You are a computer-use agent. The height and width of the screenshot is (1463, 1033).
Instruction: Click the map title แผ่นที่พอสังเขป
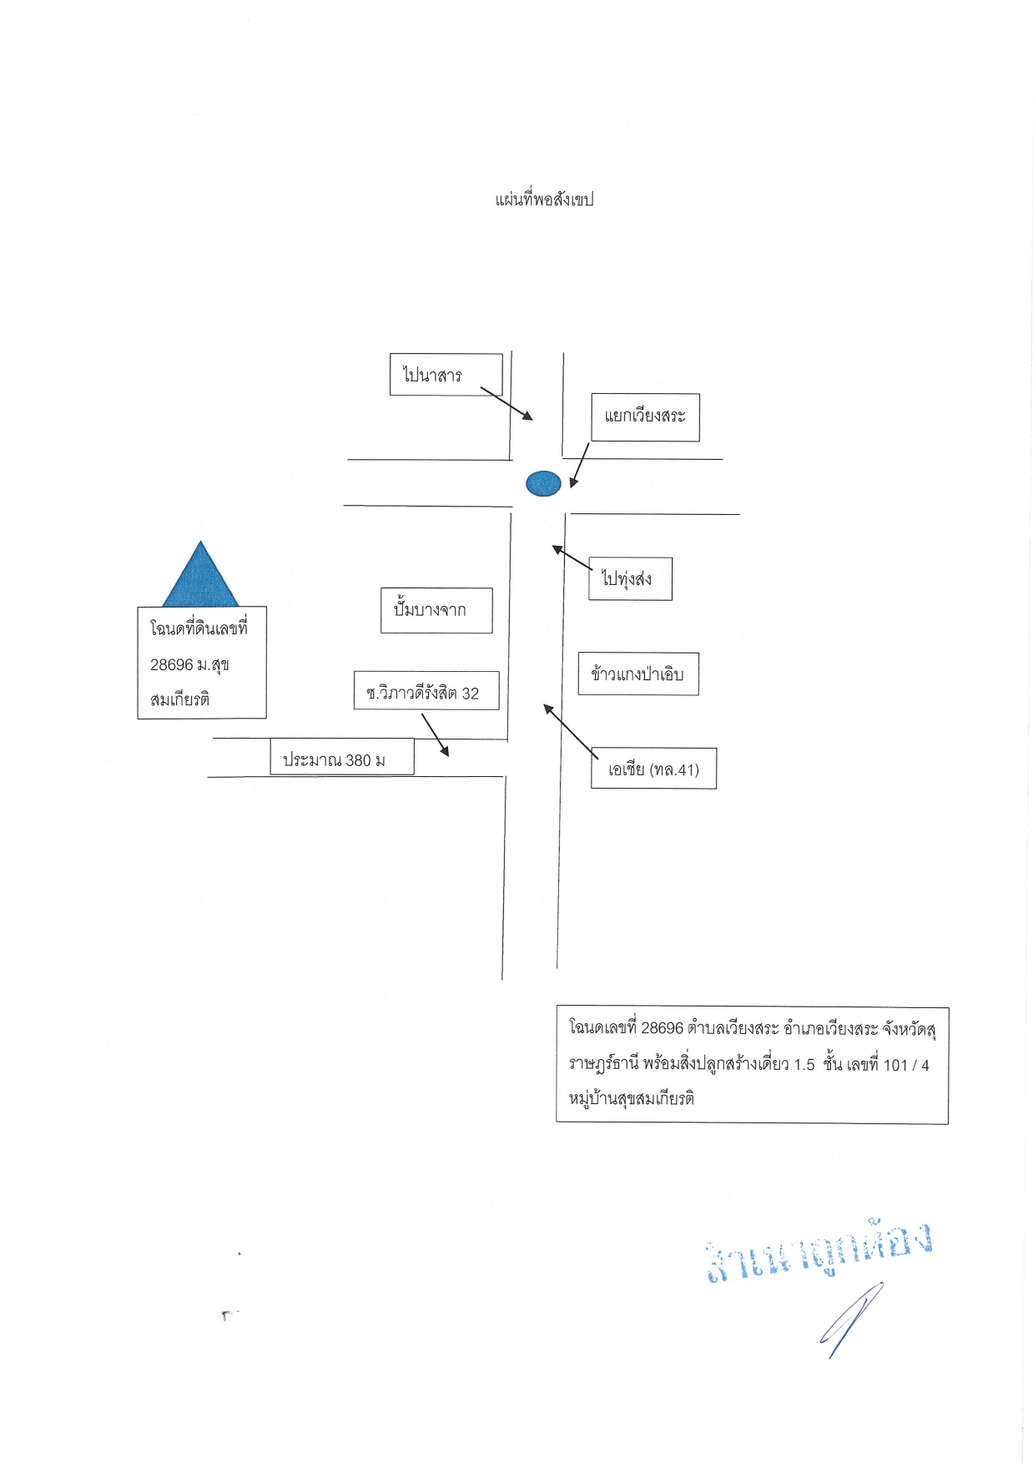544,199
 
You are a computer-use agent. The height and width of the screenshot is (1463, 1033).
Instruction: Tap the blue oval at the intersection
543,483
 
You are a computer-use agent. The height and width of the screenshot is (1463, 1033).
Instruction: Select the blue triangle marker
200,576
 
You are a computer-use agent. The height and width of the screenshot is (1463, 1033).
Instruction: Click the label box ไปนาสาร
446,375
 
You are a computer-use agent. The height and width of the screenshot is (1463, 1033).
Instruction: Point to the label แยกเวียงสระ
645,416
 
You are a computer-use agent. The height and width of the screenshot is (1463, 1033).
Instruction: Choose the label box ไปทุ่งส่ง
630,578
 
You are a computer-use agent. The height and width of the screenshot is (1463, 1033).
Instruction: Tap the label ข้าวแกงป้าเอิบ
638,674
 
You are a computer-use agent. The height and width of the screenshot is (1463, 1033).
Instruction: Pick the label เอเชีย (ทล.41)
653,769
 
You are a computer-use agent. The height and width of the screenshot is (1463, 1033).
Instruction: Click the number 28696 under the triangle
171,665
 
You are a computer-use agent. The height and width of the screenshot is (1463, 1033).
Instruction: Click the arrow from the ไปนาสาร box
506,403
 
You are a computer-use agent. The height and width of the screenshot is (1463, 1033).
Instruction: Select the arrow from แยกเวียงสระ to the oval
580,465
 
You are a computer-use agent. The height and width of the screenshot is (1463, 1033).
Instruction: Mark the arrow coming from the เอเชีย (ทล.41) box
571,730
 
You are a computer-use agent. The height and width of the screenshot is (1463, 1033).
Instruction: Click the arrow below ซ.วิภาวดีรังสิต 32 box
436,734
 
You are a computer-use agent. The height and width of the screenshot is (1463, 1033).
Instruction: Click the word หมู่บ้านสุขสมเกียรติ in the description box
632,1098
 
